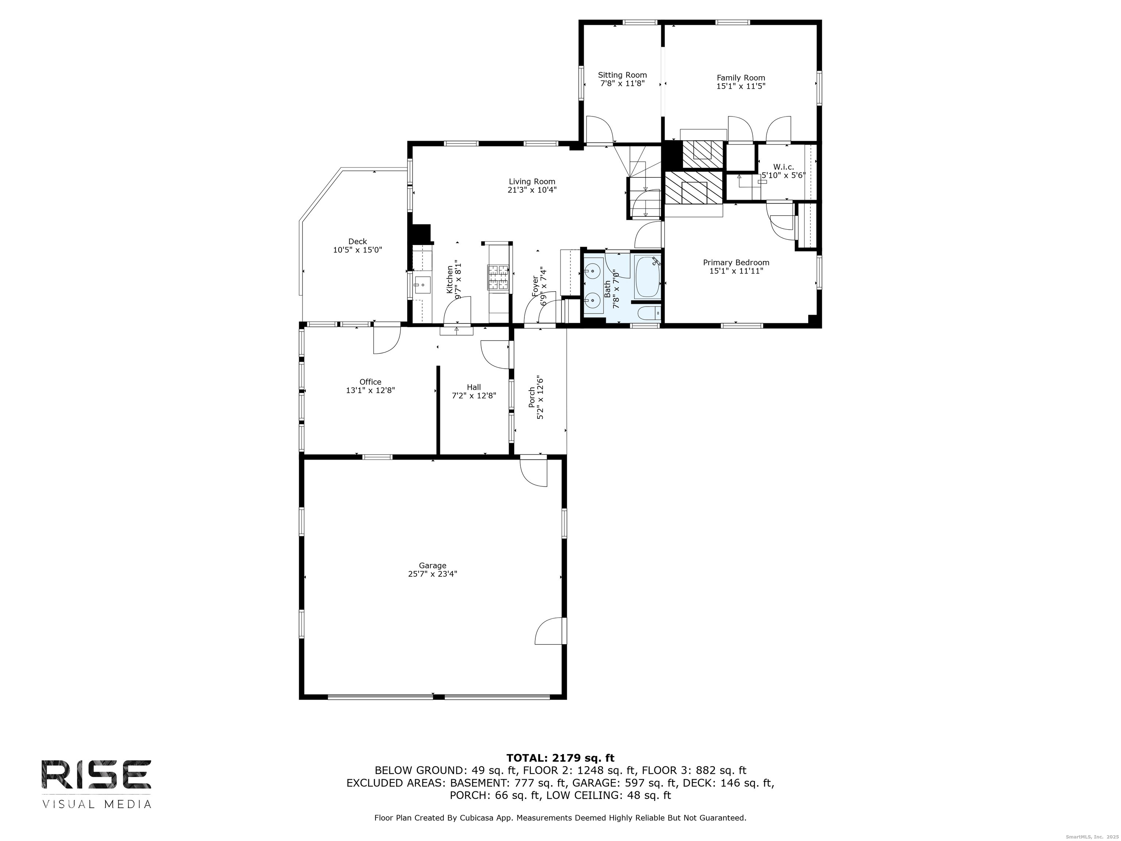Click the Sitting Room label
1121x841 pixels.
click(622, 75)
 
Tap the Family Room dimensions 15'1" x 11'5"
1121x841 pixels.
click(740, 86)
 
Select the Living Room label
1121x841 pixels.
click(532, 181)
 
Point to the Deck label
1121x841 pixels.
click(357, 241)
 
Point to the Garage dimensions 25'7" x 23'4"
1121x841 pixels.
click(432, 574)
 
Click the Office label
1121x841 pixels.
click(370, 382)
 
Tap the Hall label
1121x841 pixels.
click(474, 387)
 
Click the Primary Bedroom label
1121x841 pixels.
click(736, 262)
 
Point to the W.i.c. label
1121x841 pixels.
click(783, 167)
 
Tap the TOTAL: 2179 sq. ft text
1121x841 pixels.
click(560, 758)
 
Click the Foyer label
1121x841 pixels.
click(535, 287)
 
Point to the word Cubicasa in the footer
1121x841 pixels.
click(478, 818)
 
